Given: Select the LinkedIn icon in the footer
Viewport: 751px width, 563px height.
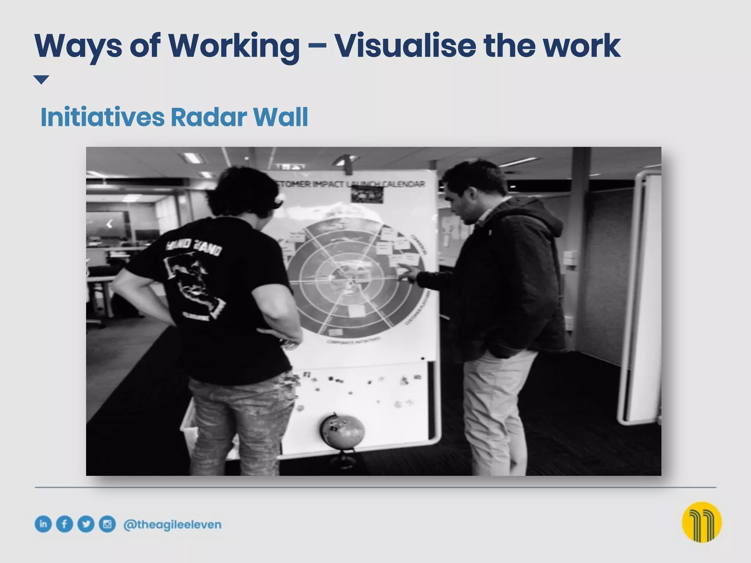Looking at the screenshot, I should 43,524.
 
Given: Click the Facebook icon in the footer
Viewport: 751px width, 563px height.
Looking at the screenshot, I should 65,524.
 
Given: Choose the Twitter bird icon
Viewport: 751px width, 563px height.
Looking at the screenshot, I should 86,524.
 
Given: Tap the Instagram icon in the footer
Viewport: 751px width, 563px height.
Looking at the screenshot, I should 107,524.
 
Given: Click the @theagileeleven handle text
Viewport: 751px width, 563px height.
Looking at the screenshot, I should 172,525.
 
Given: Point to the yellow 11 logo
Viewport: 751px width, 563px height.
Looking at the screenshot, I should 701,522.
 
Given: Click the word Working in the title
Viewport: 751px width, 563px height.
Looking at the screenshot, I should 233,46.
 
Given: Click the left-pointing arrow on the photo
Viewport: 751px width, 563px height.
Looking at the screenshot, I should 109,224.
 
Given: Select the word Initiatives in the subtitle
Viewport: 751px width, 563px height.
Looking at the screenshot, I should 102,117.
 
